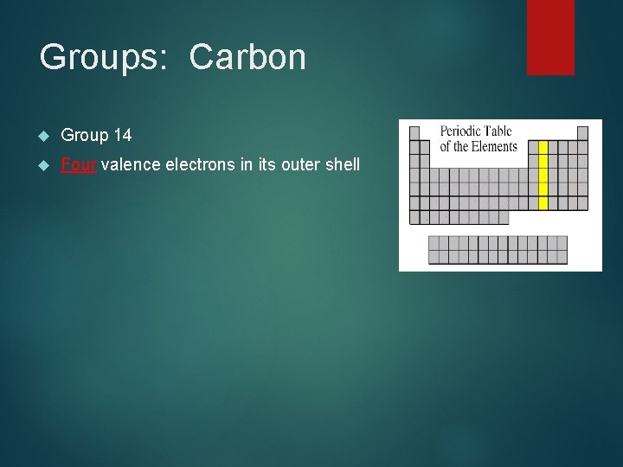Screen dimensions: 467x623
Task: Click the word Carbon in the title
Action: [x=247, y=58]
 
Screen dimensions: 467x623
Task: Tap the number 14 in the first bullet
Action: [x=122, y=135]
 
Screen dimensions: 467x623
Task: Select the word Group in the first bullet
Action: [x=85, y=135]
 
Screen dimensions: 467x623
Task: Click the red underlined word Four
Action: [x=79, y=163]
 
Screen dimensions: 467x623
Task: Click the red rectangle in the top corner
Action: [x=550, y=36]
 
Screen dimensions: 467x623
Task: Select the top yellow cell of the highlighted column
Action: [x=543, y=147]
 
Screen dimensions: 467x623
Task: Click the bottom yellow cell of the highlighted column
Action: [x=543, y=203]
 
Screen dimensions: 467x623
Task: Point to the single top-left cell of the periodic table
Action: [x=414, y=133]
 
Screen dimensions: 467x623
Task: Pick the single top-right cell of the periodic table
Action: [x=582, y=133]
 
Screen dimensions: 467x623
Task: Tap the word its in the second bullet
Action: [x=263, y=163]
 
